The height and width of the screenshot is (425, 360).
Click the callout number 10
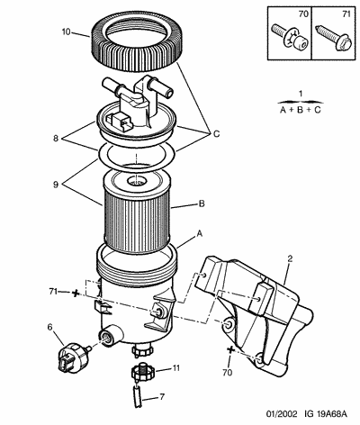click(x=66, y=32)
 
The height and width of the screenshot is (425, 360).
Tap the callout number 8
click(x=56, y=139)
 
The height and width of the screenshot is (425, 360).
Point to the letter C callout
click(x=217, y=134)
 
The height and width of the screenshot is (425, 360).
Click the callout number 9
click(x=56, y=185)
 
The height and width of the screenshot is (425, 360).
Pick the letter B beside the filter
click(x=202, y=204)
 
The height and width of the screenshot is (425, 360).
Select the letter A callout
click(x=199, y=233)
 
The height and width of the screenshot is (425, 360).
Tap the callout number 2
click(x=290, y=258)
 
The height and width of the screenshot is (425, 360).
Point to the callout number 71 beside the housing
click(x=53, y=292)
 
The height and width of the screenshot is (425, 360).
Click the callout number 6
click(x=50, y=327)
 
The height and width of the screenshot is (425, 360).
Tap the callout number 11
click(x=175, y=368)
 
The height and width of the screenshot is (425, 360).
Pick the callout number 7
click(x=162, y=397)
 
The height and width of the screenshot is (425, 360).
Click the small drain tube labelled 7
click(x=137, y=396)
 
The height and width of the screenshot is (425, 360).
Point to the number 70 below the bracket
click(x=228, y=373)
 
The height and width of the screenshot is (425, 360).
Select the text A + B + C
click(x=301, y=110)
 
